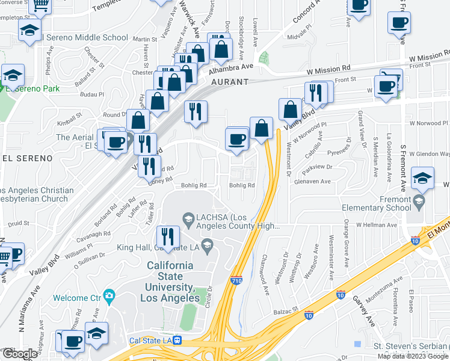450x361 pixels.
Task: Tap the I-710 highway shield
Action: tap(236, 280)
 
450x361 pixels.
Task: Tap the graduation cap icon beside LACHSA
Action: tap(188, 218)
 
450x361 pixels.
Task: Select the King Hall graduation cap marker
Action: tap(208, 244)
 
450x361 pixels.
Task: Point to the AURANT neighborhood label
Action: tap(229, 82)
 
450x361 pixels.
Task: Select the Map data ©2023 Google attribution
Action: tap(412, 356)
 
